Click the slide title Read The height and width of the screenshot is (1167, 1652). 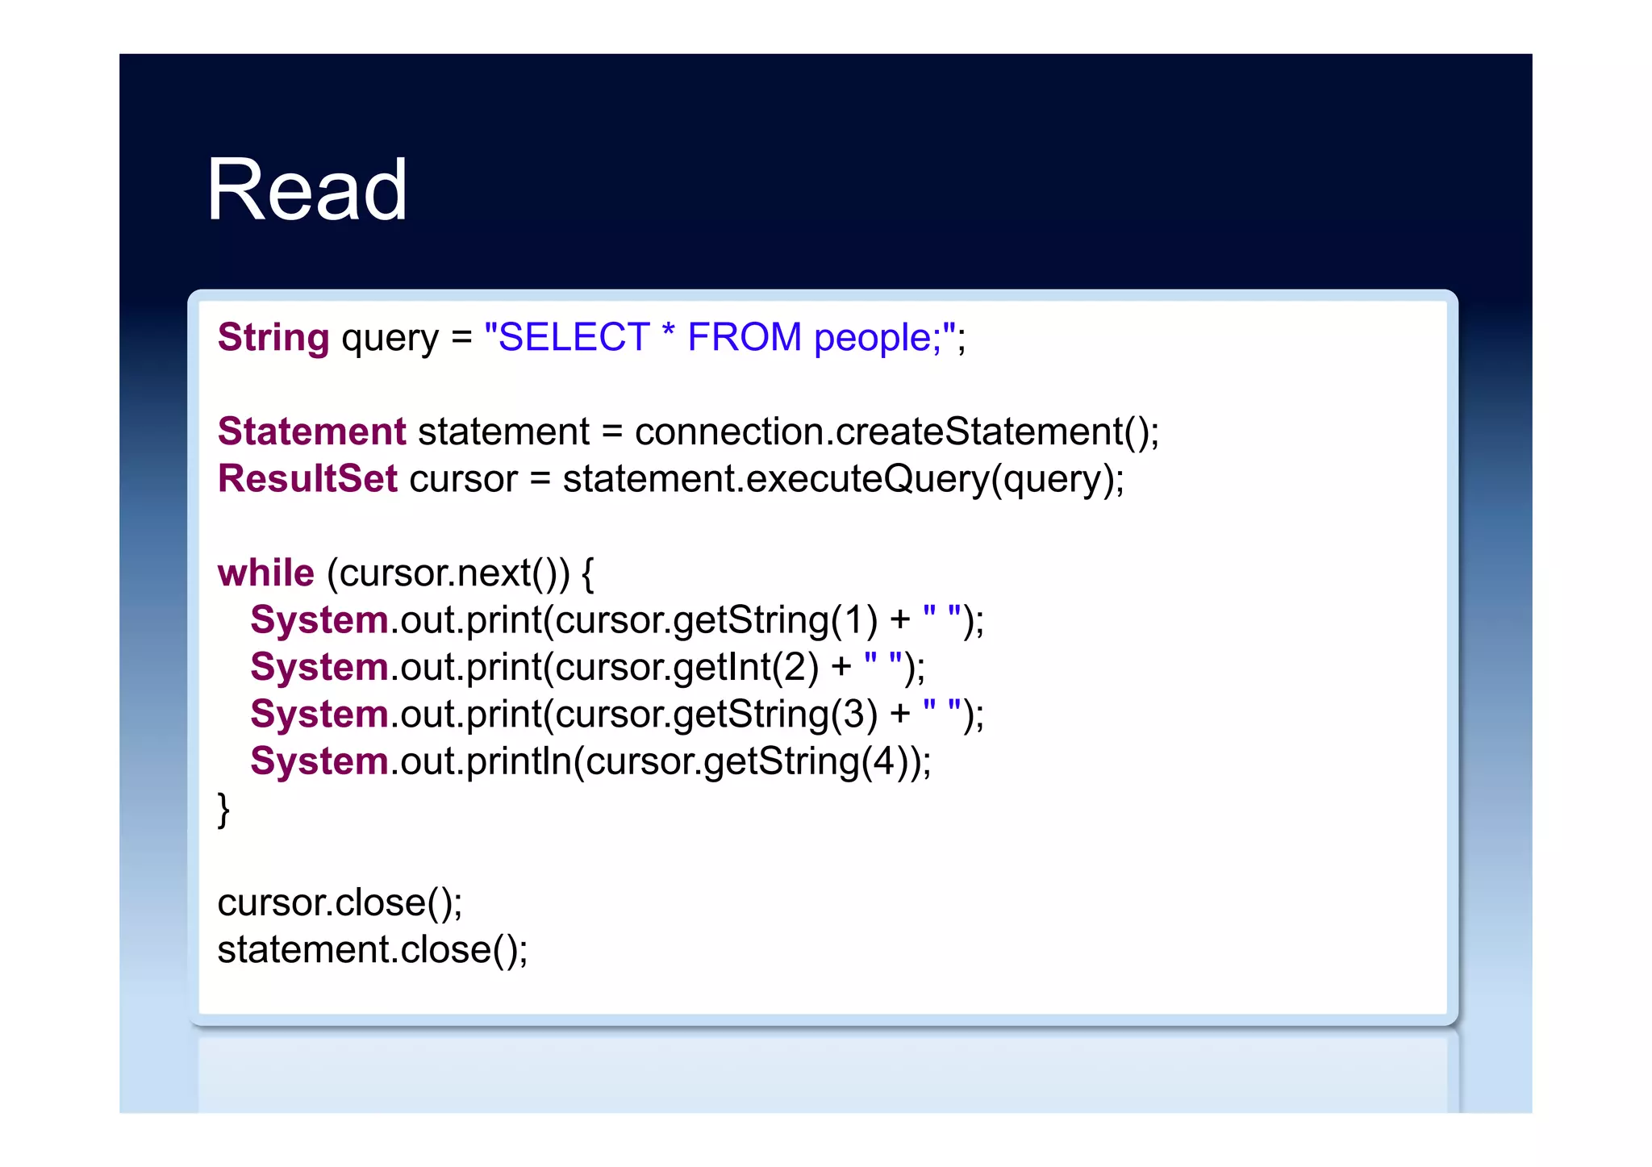pyautogui.click(x=307, y=190)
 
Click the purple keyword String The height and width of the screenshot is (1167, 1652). pyautogui.click(x=273, y=337)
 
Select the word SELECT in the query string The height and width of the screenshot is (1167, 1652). pyautogui.click(x=574, y=337)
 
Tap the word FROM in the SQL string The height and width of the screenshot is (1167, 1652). pyautogui.click(x=744, y=337)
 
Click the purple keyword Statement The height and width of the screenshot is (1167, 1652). pyautogui.click(x=312, y=431)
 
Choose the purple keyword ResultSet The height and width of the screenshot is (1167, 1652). pyautogui.click(x=307, y=478)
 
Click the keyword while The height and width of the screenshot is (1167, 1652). pyautogui.click(x=265, y=573)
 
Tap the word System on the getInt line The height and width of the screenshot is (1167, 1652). pyautogui.click(x=319, y=667)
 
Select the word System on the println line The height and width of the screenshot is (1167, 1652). pyautogui.click(x=319, y=761)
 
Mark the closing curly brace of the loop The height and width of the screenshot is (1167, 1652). pyautogui.click(x=223, y=809)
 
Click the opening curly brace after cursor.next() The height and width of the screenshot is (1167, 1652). pyautogui.click(x=587, y=573)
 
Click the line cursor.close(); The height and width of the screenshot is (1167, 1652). pyautogui.click(x=340, y=902)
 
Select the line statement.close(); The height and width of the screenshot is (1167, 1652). pyautogui.click(x=372, y=949)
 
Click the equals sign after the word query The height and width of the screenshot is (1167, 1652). pyautogui.click(x=461, y=339)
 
